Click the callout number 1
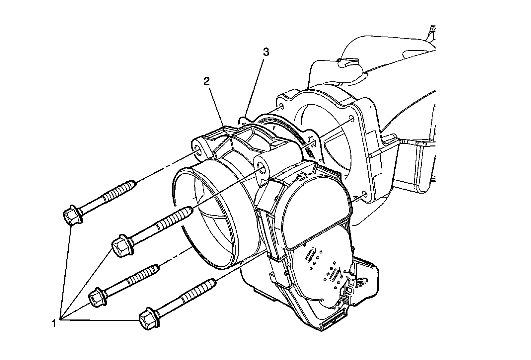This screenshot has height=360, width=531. click(53, 322)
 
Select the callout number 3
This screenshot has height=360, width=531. click(266, 52)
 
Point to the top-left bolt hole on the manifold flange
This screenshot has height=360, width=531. click(281, 107)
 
